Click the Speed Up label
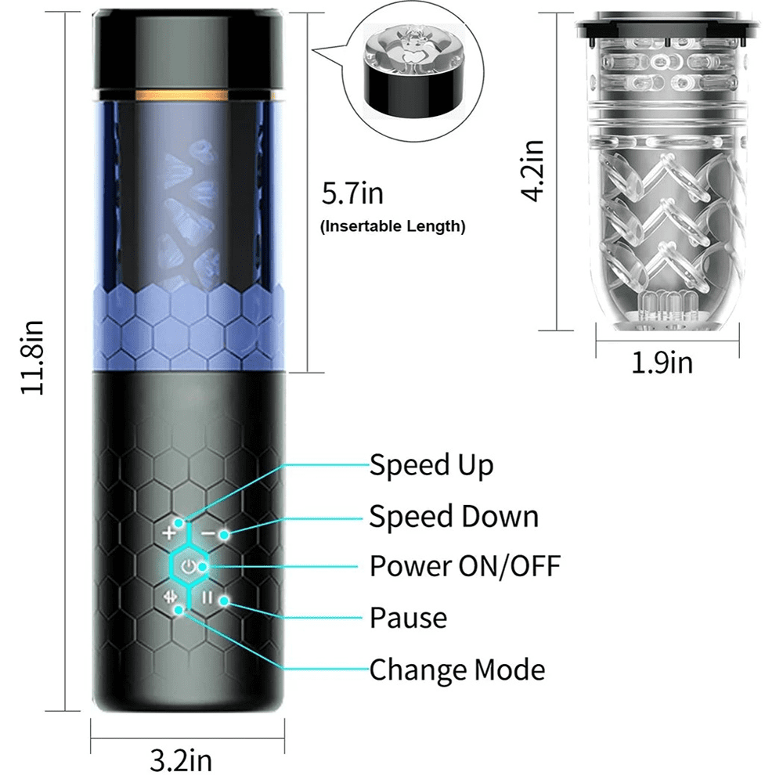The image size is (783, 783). (x=431, y=465)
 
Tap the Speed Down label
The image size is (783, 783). (x=454, y=517)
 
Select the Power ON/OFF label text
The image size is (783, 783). (x=465, y=565)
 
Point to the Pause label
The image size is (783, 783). (x=408, y=618)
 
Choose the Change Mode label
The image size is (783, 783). (x=457, y=670)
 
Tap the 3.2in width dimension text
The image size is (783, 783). (x=180, y=759)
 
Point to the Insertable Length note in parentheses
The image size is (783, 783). (x=393, y=228)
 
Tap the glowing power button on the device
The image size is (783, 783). (x=188, y=566)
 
